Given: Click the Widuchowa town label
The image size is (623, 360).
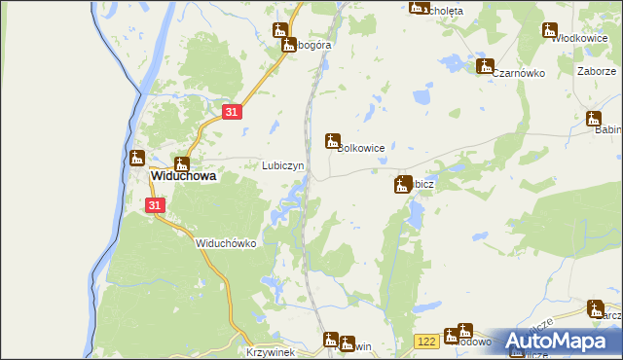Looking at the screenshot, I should click(182, 178).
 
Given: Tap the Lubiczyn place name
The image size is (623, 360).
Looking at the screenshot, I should click(283, 165).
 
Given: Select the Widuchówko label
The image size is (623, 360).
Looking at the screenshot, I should click(225, 243).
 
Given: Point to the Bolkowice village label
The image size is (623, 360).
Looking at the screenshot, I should click(361, 148).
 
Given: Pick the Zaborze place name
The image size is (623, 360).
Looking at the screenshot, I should click(596, 71).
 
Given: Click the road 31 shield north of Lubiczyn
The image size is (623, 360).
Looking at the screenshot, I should click(231, 113).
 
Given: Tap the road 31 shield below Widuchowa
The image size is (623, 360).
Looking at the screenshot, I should click(155, 206).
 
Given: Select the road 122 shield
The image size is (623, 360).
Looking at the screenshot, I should click(425, 341).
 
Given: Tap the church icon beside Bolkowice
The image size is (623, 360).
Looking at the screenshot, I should click(332, 141).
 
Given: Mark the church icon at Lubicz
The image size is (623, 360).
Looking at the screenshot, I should click(402, 184).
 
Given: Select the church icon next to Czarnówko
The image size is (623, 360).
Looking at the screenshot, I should click(485, 66).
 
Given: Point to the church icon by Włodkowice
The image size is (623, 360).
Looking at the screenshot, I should click(550, 30).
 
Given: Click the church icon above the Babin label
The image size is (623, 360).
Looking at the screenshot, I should click(594, 119).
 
